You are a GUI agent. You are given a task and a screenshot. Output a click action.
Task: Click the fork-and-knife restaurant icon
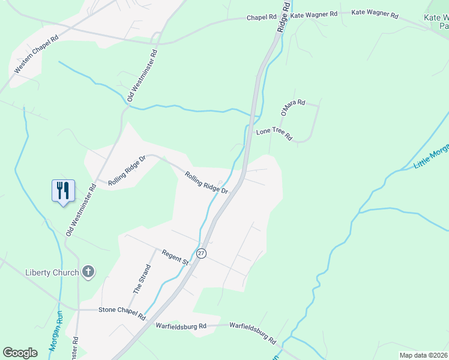coord(63,191)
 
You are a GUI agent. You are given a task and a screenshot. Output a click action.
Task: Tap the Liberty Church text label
coord(52,272)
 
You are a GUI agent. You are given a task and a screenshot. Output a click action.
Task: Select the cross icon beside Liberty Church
coord(88,272)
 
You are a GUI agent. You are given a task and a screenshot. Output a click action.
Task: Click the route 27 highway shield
coord(201,253)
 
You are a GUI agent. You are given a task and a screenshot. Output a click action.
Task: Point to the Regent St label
coord(175,258)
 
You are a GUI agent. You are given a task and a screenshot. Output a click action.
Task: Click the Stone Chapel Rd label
coord(121,313)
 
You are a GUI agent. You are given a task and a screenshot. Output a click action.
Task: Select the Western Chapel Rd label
coord(36,54)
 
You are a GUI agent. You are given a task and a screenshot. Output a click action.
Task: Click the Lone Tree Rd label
coord(274,134)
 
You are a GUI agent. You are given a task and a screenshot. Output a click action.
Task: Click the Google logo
coord(20,353)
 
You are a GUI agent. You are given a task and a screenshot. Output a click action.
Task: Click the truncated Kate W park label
coord(436,22)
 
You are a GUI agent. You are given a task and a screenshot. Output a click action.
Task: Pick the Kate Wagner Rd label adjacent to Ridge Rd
coord(314,13)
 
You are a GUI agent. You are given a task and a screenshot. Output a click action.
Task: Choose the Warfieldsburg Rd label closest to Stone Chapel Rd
coord(181,326)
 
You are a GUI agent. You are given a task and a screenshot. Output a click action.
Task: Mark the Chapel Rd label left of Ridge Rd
coord(261,17)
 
